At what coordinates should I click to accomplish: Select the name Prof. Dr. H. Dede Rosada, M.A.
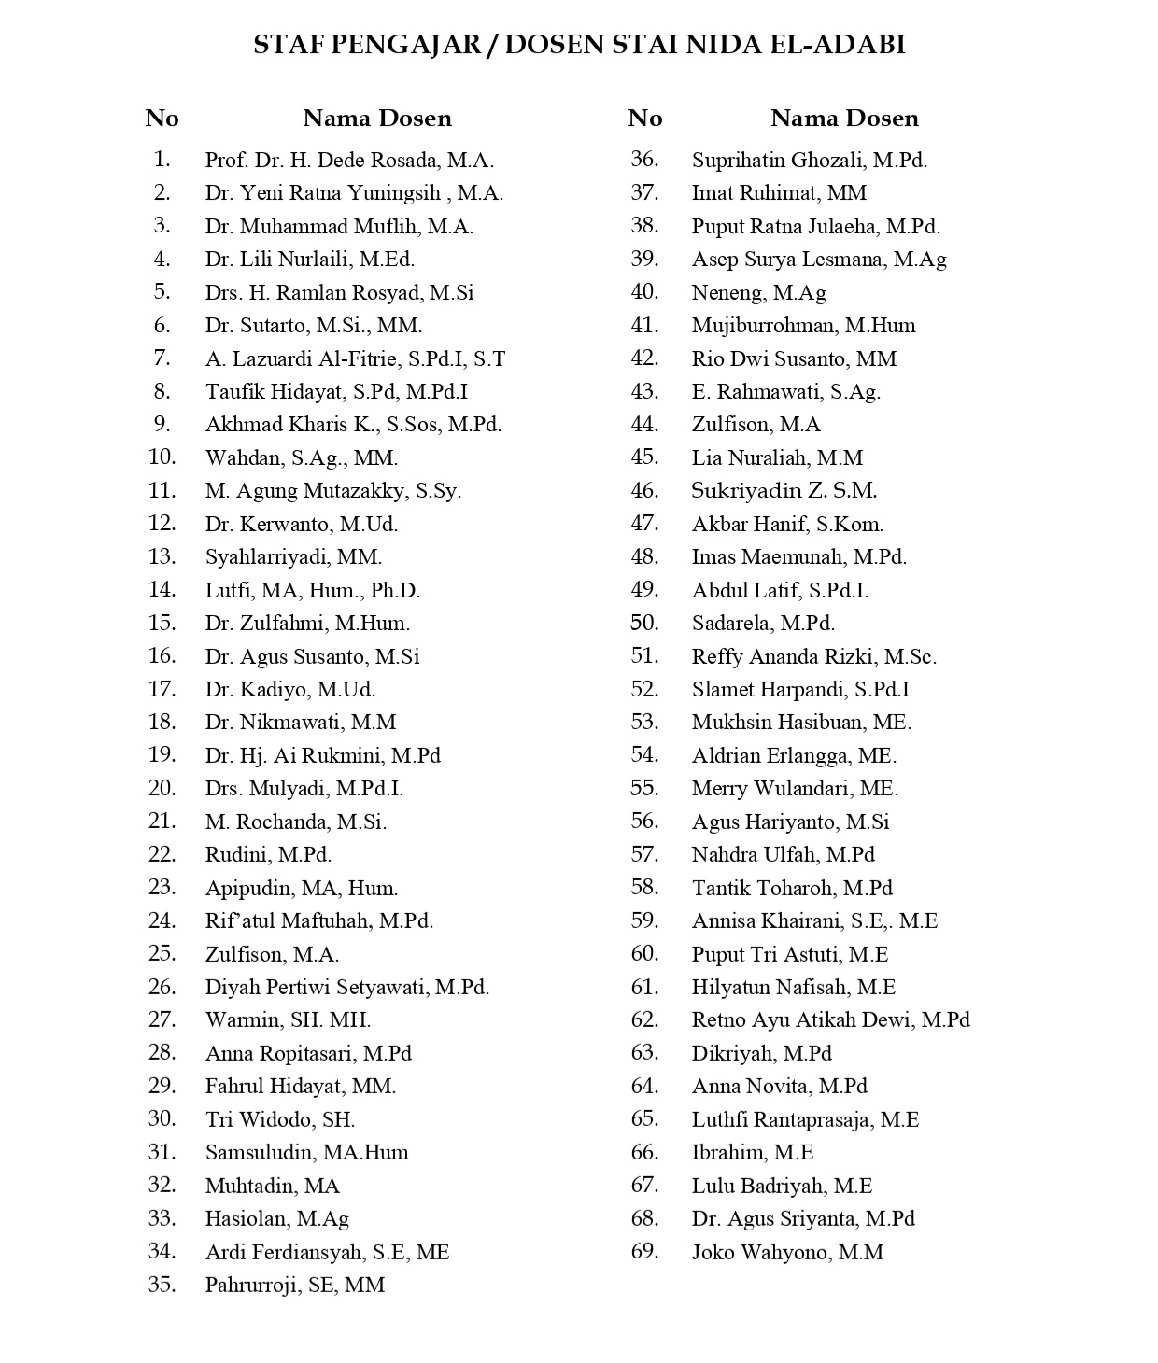[349, 160]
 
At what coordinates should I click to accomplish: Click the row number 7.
[162, 358]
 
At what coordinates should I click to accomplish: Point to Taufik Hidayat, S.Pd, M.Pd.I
[336, 392]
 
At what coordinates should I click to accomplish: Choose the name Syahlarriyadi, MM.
[293, 557]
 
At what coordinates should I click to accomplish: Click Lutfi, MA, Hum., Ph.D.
[313, 590]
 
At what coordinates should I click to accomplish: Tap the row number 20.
[162, 788]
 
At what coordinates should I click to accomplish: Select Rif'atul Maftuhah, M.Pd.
[319, 920]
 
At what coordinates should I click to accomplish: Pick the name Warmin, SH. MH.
[288, 1020]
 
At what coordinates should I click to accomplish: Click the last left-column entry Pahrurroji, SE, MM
[295, 1285]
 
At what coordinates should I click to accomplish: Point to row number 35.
[162, 1285]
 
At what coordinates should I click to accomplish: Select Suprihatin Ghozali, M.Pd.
[809, 160]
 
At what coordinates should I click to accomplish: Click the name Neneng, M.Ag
[758, 292]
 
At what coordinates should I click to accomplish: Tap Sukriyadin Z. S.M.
[784, 491]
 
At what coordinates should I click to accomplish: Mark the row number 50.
[644, 623]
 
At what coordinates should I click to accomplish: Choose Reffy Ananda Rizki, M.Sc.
[813, 656]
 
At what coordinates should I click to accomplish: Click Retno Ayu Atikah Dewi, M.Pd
[830, 1020]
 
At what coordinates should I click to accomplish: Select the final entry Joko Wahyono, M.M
[787, 1252]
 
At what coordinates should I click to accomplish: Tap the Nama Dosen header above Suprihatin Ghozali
[844, 118]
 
